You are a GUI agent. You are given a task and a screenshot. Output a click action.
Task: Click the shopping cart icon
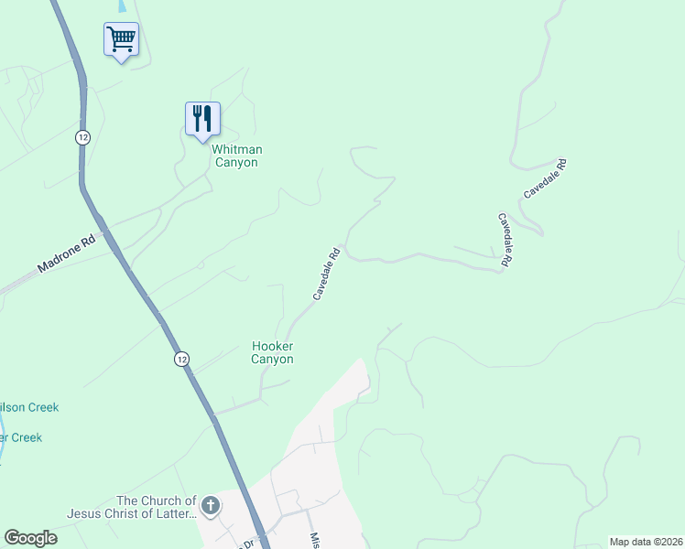pyautogui.click(x=121, y=40)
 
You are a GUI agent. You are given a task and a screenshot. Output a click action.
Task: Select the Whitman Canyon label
pyautogui.click(x=236, y=156)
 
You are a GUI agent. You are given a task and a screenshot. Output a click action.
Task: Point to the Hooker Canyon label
pyautogui.click(x=273, y=352)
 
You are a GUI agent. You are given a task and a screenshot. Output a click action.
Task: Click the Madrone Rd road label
pyautogui.click(x=67, y=257)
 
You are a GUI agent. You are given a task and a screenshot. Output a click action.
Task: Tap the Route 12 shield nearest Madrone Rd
pyautogui.click(x=83, y=136)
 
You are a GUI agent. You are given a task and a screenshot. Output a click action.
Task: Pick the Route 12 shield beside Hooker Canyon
pyautogui.click(x=182, y=360)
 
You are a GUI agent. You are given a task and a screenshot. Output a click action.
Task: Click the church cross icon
pyautogui.click(x=211, y=506)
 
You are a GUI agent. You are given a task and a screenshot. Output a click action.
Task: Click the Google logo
pyautogui.click(x=31, y=538)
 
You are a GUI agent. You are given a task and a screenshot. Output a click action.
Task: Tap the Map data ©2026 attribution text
pyautogui.click(x=645, y=541)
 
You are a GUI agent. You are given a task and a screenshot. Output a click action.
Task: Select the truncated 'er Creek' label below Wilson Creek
pyautogui.click(x=21, y=437)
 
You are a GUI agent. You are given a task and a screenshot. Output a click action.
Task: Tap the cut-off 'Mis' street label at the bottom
pyautogui.click(x=314, y=540)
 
